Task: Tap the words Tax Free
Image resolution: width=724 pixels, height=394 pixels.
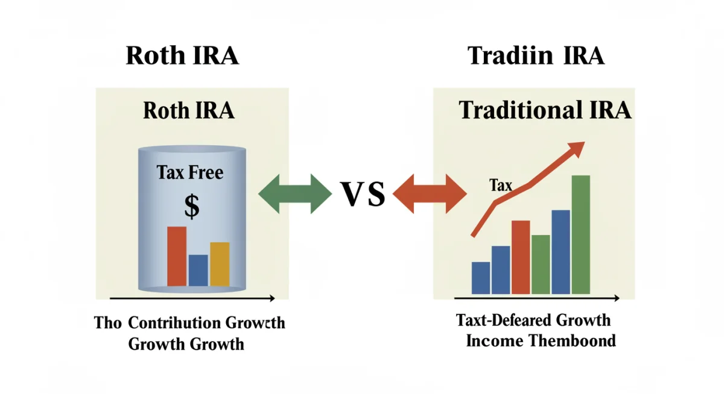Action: [x=190, y=173]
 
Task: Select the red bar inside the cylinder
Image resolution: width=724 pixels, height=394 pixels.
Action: [x=177, y=256]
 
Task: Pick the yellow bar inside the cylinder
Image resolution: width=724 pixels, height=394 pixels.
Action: [x=220, y=264]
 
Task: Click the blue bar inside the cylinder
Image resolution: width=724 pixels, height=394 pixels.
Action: [x=198, y=270]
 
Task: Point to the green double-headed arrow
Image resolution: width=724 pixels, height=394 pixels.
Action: [x=294, y=193]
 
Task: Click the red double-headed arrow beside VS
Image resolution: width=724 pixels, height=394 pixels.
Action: [x=430, y=193]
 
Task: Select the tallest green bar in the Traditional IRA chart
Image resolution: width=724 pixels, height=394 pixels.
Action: [x=580, y=234]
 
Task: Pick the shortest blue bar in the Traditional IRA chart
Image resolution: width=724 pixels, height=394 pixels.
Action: [x=481, y=278]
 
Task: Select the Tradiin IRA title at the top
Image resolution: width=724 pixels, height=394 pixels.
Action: [x=536, y=56]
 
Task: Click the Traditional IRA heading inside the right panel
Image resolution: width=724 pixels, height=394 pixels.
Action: [x=545, y=110]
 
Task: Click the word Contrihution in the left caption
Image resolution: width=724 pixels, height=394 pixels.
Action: [x=175, y=323]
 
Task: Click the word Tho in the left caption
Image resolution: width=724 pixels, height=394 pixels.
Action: [x=108, y=323]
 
